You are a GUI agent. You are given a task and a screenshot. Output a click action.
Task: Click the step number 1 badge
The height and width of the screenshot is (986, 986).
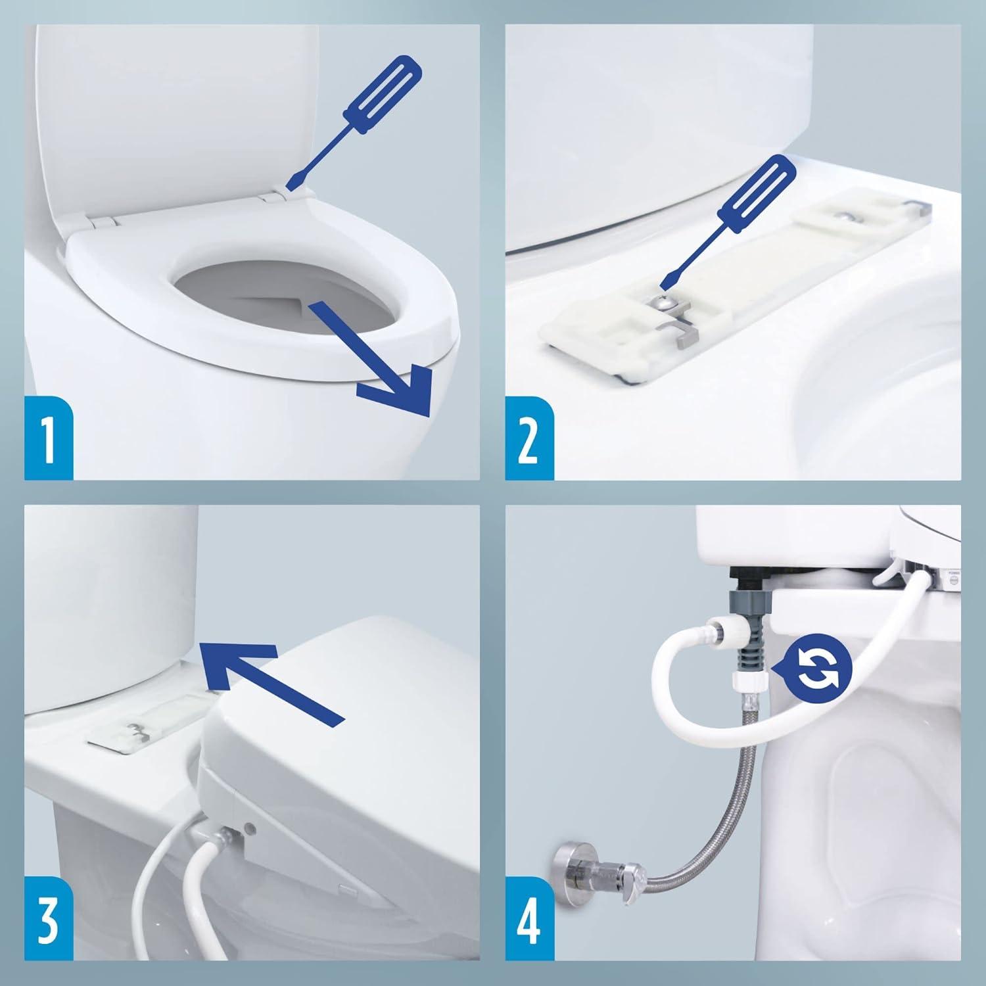click(49, 438)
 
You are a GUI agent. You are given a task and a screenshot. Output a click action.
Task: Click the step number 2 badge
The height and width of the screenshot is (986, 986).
click(528, 438)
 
